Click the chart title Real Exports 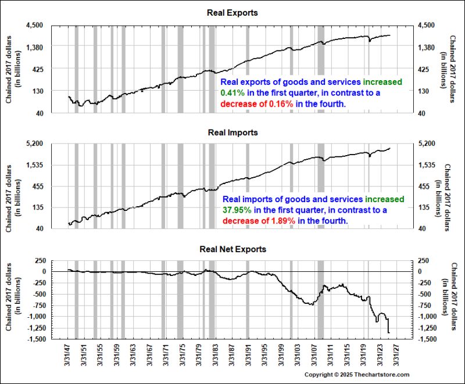pyautogui.click(x=233, y=13)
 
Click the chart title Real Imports pyautogui.click(x=233, y=132)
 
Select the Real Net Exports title pyautogui.click(x=233, y=249)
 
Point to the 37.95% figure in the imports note pyautogui.click(x=235, y=210)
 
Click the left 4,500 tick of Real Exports pyautogui.click(x=35, y=26)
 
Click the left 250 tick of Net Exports pyautogui.click(x=40, y=260)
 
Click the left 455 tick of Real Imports pyautogui.click(x=38, y=186)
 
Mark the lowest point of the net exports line pyautogui.click(x=388, y=333)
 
